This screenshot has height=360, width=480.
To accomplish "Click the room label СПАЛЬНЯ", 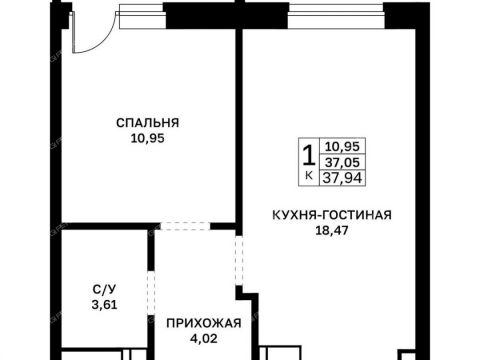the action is (147, 123).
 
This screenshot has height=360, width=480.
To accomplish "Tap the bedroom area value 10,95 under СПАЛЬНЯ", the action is (147, 138).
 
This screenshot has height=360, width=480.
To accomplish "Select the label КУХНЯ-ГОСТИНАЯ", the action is (332, 215).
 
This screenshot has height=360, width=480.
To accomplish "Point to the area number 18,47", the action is (332, 230).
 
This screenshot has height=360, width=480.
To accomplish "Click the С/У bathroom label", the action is (104, 290).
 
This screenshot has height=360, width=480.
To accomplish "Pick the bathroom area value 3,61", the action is (104, 305).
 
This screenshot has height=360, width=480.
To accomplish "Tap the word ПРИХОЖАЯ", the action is (204, 323).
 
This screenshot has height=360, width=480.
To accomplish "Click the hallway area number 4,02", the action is (204, 338).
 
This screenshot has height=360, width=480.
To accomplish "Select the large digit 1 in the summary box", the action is (309, 156).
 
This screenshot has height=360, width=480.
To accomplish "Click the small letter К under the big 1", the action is (309, 175).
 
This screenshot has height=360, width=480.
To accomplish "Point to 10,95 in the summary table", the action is (343, 146).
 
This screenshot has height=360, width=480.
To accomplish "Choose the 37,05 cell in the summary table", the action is (343, 162).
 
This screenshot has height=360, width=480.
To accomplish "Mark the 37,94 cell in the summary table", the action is (343, 178).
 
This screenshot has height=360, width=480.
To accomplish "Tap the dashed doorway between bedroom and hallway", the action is (185, 226).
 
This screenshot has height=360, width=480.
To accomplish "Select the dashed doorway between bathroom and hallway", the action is (151, 293).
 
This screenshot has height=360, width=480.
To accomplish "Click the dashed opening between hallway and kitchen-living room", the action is (239, 260).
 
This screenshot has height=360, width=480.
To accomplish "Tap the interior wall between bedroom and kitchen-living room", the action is (239, 128).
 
